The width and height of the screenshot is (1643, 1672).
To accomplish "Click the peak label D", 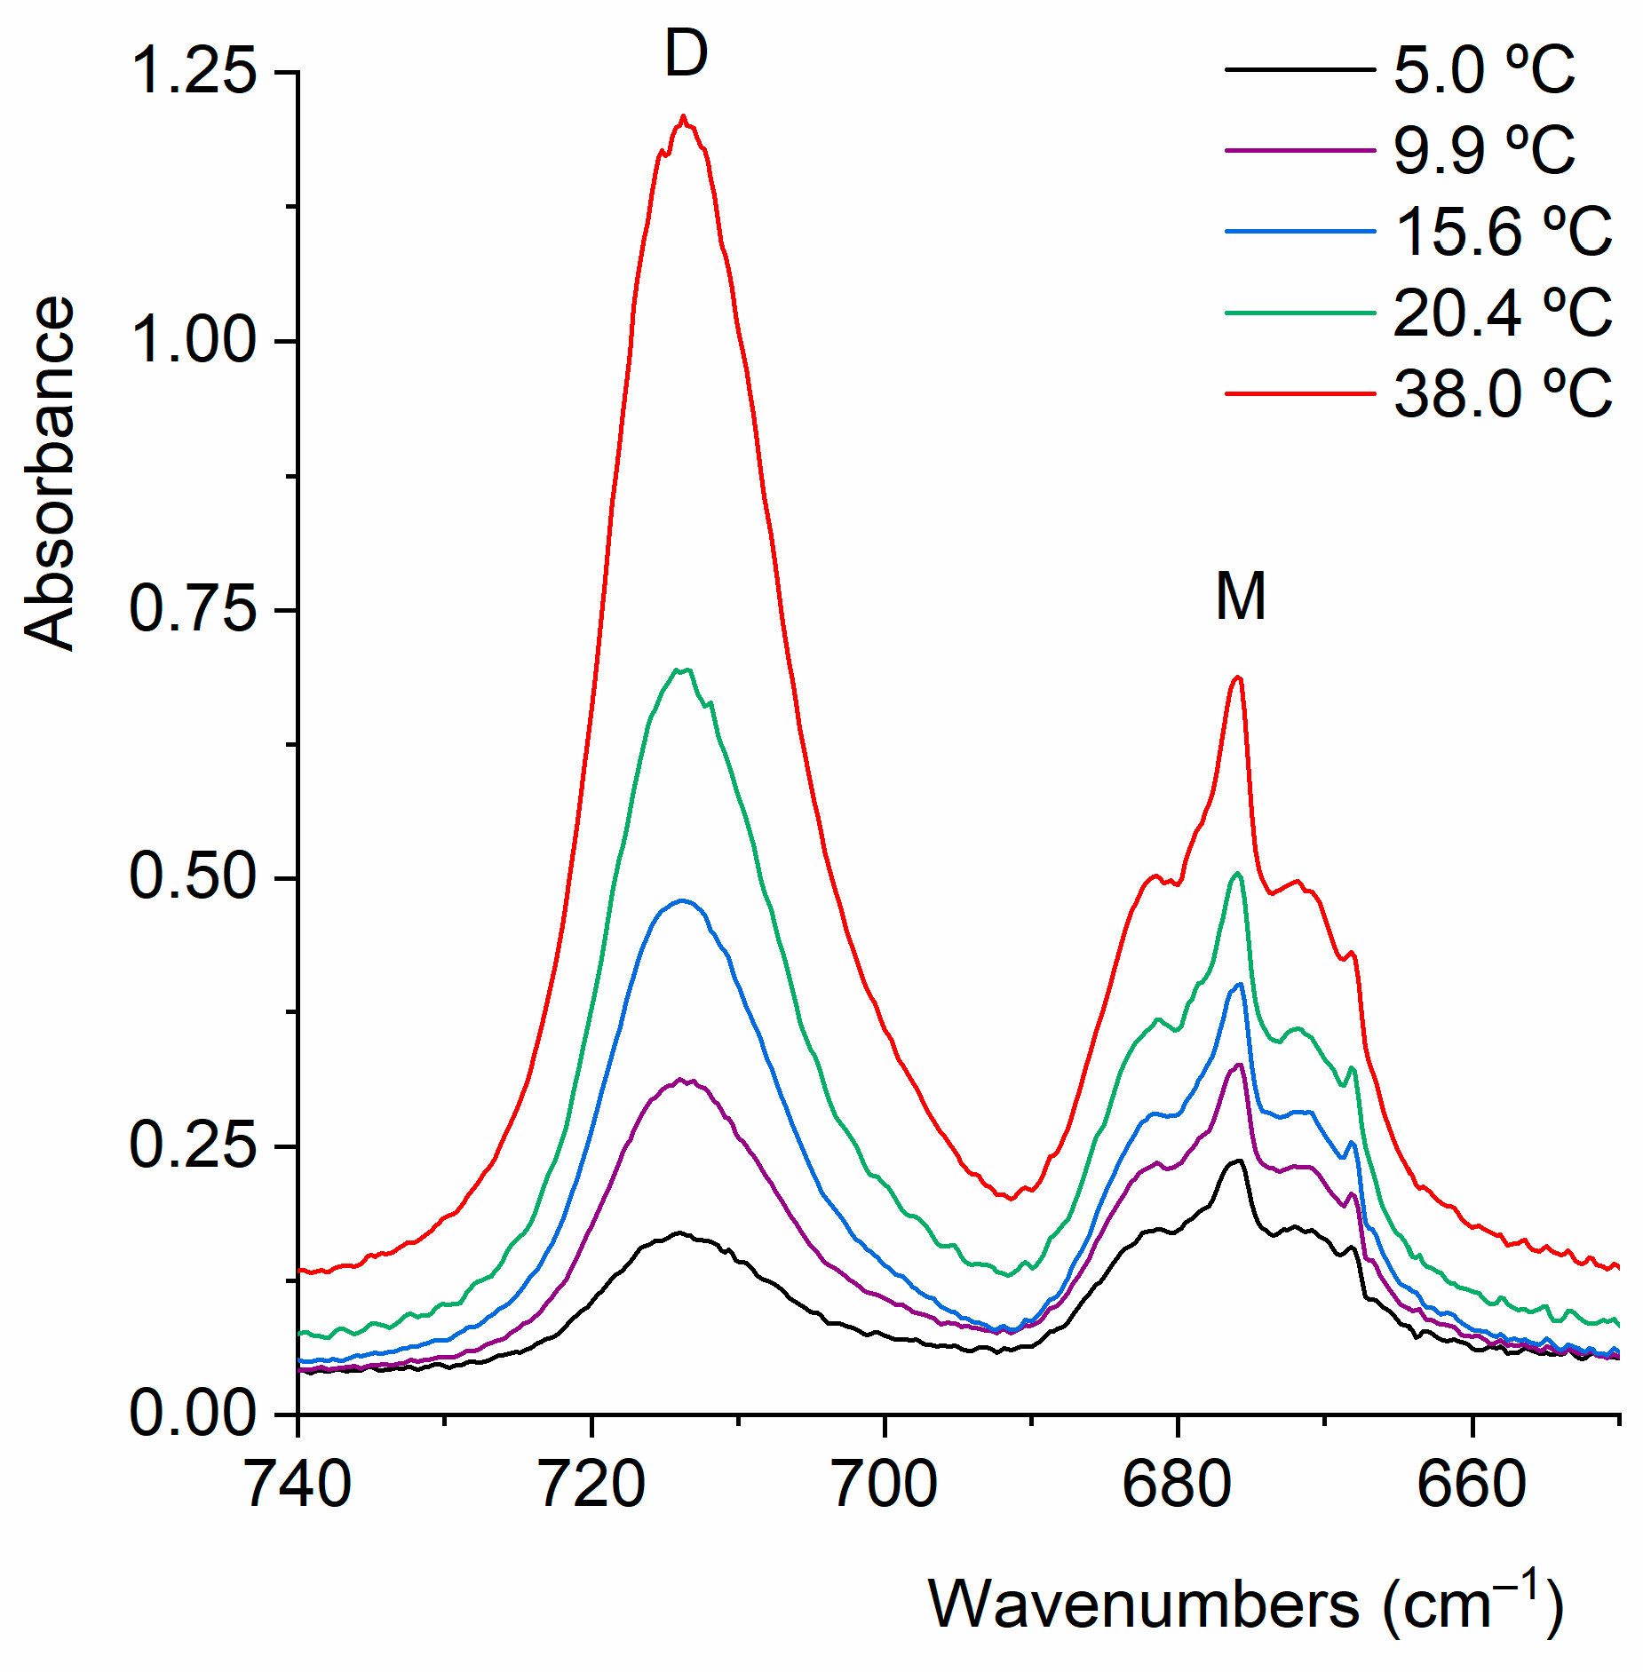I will pos(686,54).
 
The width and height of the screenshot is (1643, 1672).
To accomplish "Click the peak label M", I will pos(1240,597).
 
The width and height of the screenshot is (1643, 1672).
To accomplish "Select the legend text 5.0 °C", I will pos(1483,70).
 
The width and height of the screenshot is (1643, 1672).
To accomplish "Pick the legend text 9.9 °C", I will pos(1483,150).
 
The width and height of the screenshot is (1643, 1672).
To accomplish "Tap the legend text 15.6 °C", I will pos(1503,232).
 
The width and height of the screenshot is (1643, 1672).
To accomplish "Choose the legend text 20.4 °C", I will pos(1503,313).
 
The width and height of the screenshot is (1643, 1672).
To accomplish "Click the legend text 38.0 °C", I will pos(1503,393).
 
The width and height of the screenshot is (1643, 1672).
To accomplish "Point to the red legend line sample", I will pos(1299,393).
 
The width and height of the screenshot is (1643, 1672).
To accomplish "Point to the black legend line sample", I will pos(1299,69).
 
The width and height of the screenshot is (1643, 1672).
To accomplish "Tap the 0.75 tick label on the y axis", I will pos(194,610).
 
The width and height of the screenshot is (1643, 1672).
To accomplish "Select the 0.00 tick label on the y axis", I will pos(194,1414).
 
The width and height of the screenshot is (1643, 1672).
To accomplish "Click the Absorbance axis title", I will pos(50,472).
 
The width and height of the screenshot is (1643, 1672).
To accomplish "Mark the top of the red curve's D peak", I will pos(683,116).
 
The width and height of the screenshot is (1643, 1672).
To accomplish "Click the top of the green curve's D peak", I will pos(682,670).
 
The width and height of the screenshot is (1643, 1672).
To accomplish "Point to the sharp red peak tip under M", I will pos(1238,678).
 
